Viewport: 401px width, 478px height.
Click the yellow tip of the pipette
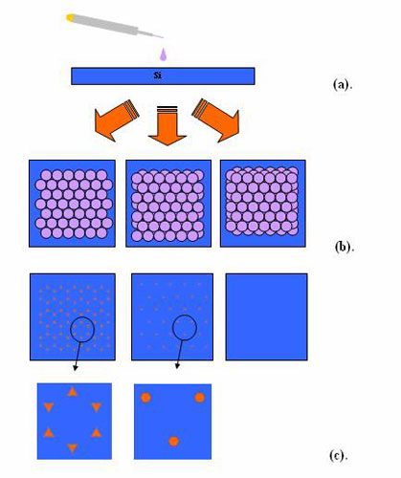(70, 17)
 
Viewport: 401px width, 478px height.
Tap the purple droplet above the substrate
(163, 54)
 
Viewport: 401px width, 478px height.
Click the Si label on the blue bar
(158, 76)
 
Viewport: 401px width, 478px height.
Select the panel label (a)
(343, 85)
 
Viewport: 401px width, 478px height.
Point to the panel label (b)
(345, 248)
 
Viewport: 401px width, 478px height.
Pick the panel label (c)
(338, 456)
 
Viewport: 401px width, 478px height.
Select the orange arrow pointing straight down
(167, 125)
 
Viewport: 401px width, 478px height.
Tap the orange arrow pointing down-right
(216, 120)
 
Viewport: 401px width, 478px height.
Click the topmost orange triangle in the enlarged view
(73, 392)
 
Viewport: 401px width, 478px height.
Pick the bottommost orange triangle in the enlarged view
(73, 447)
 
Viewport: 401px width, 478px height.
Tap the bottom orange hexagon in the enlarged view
(173, 441)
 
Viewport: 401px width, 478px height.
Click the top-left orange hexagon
(145, 398)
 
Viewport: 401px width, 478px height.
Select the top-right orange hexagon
(200, 398)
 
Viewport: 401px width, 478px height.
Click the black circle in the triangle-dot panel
(82, 317)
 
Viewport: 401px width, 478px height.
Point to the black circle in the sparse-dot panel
(185, 315)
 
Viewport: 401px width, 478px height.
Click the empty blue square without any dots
(266, 316)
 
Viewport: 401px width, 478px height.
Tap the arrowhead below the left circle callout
(76, 368)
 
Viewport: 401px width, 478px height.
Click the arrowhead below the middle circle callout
(177, 366)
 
